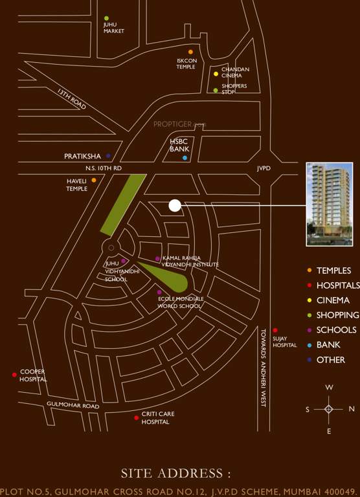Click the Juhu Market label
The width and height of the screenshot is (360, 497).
click(x=113, y=28)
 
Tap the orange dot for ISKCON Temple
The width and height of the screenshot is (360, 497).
click(x=190, y=52)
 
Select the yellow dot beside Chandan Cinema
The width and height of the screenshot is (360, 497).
click(x=216, y=74)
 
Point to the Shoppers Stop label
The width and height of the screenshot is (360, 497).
click(x=234, y=89)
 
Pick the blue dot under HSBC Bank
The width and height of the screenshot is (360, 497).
click(x=185, y=158)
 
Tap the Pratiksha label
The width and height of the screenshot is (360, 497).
click(x=83, y=156)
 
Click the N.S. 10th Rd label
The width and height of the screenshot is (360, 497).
click(x=95, y=168)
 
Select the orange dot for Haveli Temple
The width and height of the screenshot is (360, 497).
click(x=94, y=180)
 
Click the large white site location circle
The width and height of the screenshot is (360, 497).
click(x=174, y=206)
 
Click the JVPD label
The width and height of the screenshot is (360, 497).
click(x=264, y=168)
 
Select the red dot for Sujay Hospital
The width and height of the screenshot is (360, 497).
click(x=275, y=330)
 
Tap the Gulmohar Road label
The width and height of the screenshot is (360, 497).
click(x=73, y=406)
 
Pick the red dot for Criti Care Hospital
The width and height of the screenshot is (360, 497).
click(x=136, y=417)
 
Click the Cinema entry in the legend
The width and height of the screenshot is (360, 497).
click(x=333, y=300)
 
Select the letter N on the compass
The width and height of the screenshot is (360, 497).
click(x=352, y=409)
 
